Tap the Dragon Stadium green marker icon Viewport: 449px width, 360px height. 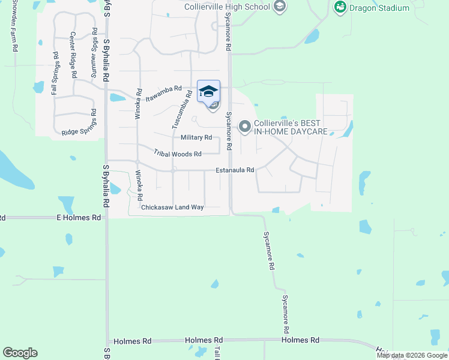(x=340, y=8)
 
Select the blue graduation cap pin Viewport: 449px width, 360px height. (x=208, y=91)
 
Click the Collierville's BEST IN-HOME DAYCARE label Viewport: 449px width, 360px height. (x=291, y=127)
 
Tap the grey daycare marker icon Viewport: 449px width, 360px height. (x=244, y=127)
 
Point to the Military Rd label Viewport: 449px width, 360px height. (x=196, y=137)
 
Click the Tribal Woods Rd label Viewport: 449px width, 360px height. (x=176, y=154)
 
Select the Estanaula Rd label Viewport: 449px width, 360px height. (x=235, y=170)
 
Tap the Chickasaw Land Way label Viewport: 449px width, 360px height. (x=172, y=208)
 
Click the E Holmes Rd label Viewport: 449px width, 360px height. (x=79, y=218)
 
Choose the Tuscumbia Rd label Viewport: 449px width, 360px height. (x=181, y=110)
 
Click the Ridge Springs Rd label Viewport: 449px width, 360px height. (x=79, y=123)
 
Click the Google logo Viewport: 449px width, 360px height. (x=20, y=353)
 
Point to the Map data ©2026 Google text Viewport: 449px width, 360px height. (x=412, y=355)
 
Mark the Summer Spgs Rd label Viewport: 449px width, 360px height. (x=94, y=53)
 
